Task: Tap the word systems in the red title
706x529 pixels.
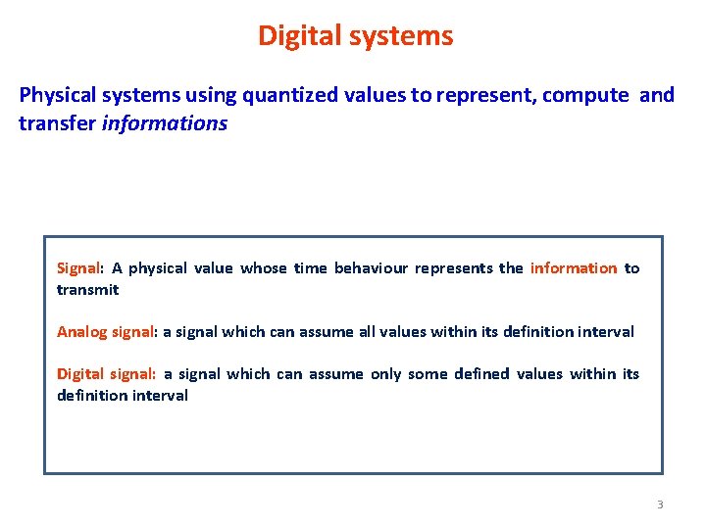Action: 405,36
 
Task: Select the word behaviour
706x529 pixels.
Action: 371,268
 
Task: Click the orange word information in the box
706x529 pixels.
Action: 574,268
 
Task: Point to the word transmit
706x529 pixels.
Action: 87,290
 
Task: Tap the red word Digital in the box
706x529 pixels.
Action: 79,374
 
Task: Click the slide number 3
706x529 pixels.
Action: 660,505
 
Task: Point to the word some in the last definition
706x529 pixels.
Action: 429,374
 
